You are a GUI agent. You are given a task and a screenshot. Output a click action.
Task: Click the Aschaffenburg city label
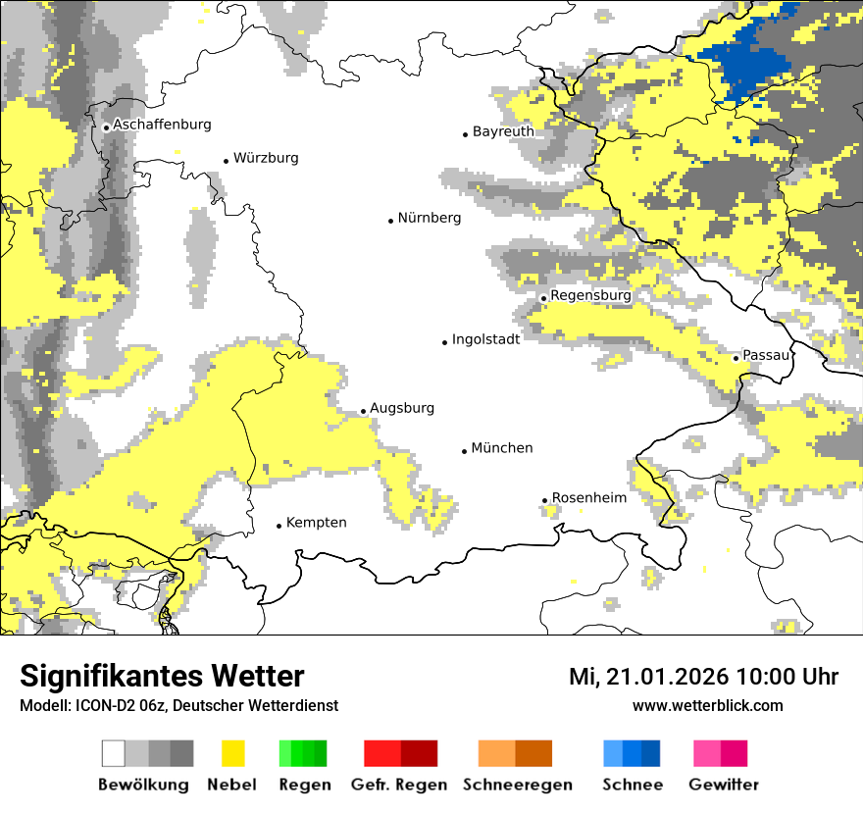[162, 125]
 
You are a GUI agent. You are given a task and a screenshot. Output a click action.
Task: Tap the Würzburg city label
[266, 158]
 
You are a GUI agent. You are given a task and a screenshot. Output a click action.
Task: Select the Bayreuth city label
[503, 131]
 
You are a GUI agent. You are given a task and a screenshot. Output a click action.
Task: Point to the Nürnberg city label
[429, 218]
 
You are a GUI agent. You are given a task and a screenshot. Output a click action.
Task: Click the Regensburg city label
[590, 295]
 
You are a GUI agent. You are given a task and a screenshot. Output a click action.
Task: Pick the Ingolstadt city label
[485, 339]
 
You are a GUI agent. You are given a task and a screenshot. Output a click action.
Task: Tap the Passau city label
[766, 355]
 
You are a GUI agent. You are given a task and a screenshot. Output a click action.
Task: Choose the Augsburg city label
[402, 408]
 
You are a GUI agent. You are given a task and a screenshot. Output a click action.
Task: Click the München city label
[502, 448]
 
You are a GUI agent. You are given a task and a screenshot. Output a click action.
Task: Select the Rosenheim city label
[588, 498]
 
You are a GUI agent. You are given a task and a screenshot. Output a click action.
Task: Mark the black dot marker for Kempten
[279, 526]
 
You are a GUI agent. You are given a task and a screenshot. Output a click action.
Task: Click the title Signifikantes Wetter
[162, 677]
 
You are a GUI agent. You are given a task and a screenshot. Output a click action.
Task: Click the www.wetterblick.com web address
[707, 706]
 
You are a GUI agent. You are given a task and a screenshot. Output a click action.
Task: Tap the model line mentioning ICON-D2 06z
[178, 706]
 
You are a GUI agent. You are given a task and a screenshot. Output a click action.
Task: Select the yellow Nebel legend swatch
[232, 753]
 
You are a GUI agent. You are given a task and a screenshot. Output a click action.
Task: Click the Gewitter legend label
[723, 785]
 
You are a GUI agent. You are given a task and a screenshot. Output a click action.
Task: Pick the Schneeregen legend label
[518, 785]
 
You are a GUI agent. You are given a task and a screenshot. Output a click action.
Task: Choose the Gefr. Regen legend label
[399, 785]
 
